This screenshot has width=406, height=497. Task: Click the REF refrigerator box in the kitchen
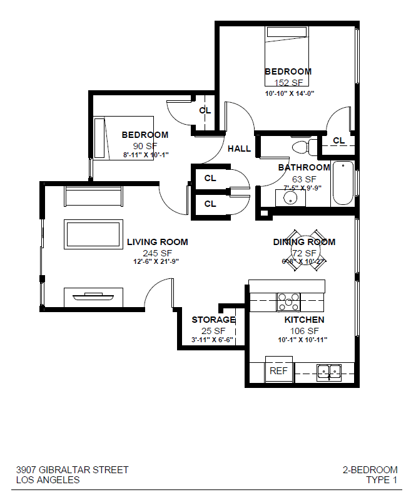coord(279,370)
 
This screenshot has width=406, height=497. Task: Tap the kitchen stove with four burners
coord(288,302)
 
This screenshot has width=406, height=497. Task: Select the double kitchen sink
coord(328,372)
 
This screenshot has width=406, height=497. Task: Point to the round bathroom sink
coord(290,198)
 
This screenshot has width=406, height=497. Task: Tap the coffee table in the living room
coord(94,234)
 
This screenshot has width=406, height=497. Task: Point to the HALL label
coord(239,149)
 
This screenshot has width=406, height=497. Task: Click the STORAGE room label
coord(213,320)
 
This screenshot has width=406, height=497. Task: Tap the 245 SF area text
coord(157,253)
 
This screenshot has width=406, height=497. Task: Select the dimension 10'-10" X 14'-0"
coord(288,93)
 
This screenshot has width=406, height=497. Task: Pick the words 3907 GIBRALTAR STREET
coord(72,469)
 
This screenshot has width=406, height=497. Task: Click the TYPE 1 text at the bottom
coord(382,480)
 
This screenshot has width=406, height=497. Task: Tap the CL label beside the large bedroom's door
coord(338,140)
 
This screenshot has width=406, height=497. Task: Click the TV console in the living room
coord(93,295)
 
